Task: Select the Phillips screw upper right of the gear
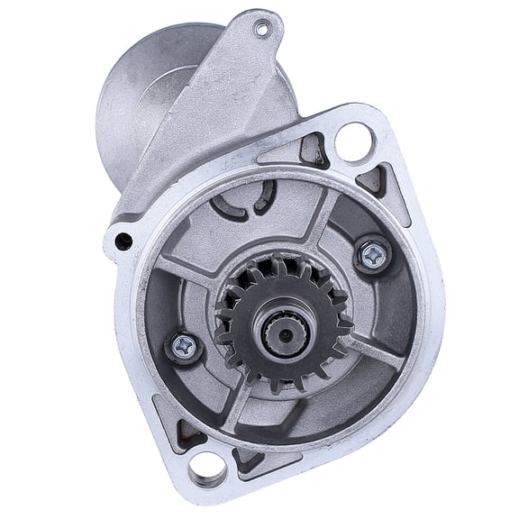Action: [x=369, y=256]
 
